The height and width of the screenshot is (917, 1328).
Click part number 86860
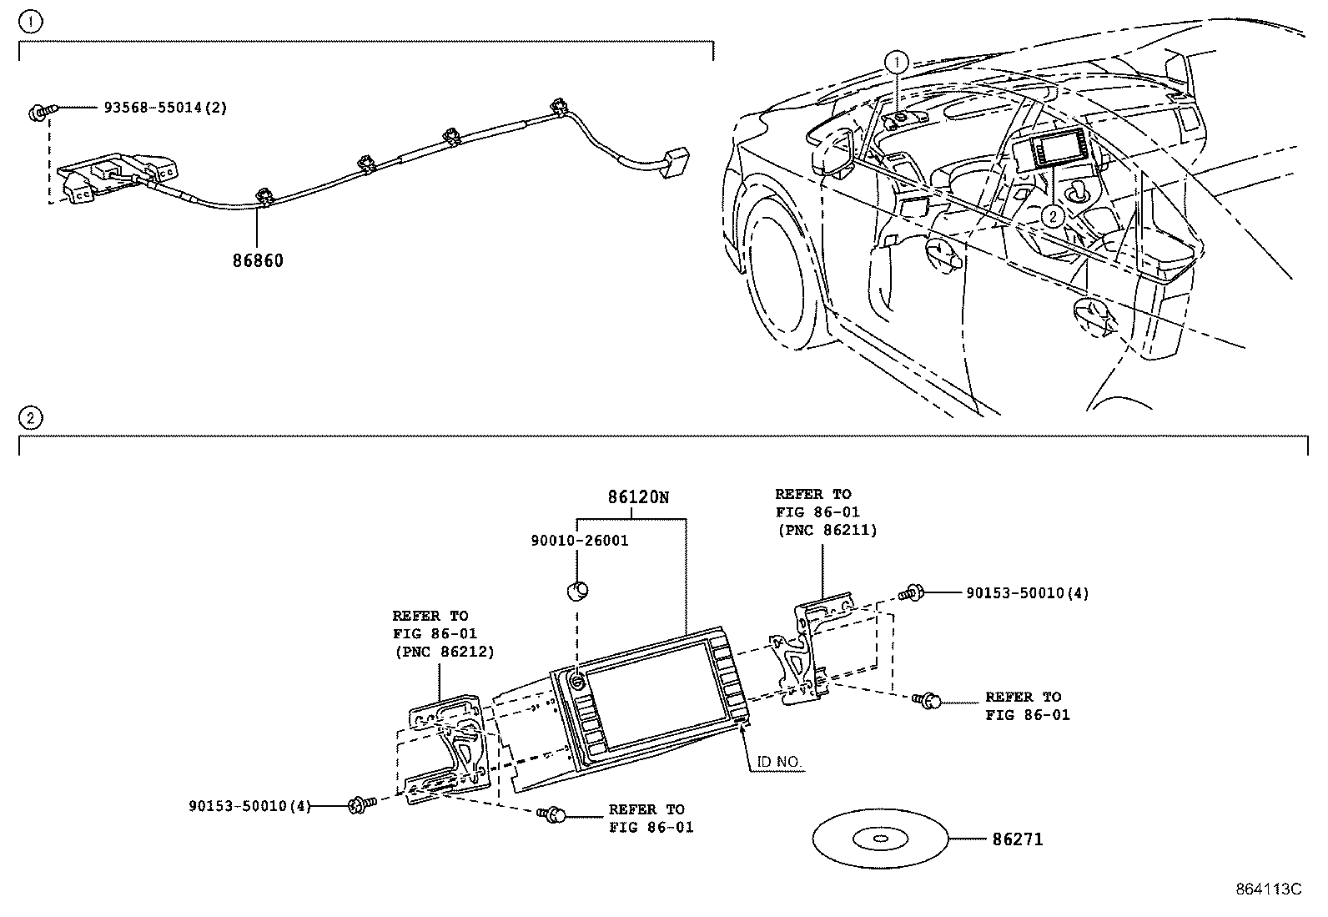258,260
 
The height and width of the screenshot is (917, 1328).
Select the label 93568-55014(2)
165,108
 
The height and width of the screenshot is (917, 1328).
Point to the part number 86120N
638,497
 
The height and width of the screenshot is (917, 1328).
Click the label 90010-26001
579,541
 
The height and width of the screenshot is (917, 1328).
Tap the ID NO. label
780,762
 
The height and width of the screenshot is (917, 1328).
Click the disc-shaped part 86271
880,839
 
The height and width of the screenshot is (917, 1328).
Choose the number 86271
1017,839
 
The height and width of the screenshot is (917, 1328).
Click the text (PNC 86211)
826,530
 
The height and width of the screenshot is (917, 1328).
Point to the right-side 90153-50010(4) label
1027,593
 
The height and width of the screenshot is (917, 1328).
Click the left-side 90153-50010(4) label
249,806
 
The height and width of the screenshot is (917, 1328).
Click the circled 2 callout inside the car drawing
1053,216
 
